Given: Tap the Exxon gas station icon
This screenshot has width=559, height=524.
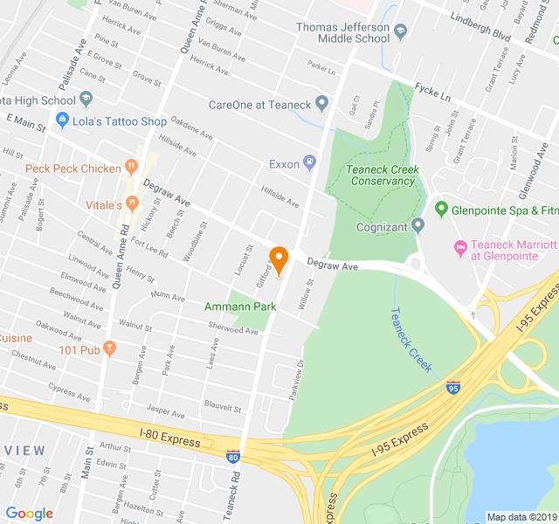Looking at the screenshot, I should [x=308, y=162].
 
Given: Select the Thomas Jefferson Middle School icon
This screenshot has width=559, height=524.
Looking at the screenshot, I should [x=400, y=32].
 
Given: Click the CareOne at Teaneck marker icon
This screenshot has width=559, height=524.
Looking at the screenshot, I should [x=321, y=105].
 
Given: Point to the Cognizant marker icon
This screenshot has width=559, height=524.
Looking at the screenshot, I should [x=418, y=226].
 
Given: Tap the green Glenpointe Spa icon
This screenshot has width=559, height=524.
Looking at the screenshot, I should [x=442, y=210].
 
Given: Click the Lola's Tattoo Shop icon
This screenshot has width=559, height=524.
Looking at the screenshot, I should [x=62, y=121].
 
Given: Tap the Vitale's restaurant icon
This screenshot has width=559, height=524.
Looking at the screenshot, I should [x=132, y=203].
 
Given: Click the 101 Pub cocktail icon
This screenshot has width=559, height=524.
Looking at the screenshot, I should [x=109, y=348].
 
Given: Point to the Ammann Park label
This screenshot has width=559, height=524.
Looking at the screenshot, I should [x=240, y=307].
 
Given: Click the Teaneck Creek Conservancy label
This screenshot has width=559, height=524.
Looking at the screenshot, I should [x=383, y=176].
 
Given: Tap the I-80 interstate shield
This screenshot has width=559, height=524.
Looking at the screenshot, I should [x=232, y=456].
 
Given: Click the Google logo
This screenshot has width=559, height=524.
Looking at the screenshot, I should [x=30, y=514].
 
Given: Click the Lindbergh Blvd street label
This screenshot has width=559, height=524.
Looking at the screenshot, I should [x=480, y=36].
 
